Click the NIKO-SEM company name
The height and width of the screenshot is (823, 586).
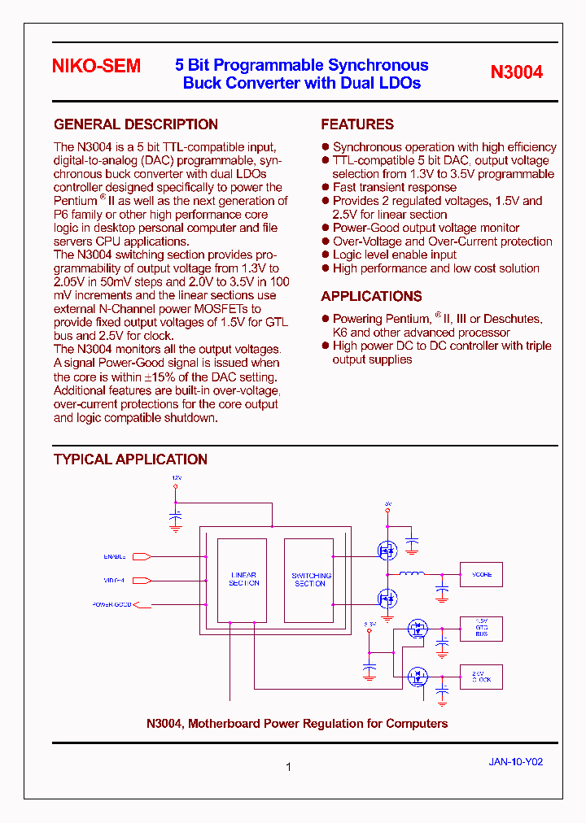pyautogui.click(x=96, y=67)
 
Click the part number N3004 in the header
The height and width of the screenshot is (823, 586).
pyautogui.click(x=516, y=72)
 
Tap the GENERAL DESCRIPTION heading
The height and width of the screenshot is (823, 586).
pyautogui.click(x=135, y=124)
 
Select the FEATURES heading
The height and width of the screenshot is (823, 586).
pyautogui.click(x=357, y=124)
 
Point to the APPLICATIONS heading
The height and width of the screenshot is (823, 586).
pyautogui.click(x=371, y=296)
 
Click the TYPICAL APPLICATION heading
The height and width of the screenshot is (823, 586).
pyautogui.click(x=130, y=459)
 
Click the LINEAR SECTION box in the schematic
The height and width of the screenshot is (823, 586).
pyautogui.click(x=243, y=579)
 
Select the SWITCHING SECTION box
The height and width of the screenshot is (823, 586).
pyautogui.click(x=309, y=579)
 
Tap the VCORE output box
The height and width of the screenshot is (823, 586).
pyautogui.click(x=481, y=575)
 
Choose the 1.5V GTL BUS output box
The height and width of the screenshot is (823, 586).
pyautogui.click(x=481, y=628)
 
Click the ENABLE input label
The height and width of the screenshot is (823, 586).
pyautogui.click(x=114, y=556)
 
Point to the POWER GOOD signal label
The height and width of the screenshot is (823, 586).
pyautogui.click(x=112, y=604)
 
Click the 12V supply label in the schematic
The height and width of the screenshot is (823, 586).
pyautogui.click(x=176, y=477)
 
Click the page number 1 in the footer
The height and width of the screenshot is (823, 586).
pyautogui.click(x=288, y=766)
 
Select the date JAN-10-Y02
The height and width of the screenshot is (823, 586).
pyautogui.click(x=515, y=762)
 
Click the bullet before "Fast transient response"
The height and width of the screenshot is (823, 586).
pyautogui.click(x=326, y=187)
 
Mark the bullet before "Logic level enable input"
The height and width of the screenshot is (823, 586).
pyautogui.click(x=326, y=255)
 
